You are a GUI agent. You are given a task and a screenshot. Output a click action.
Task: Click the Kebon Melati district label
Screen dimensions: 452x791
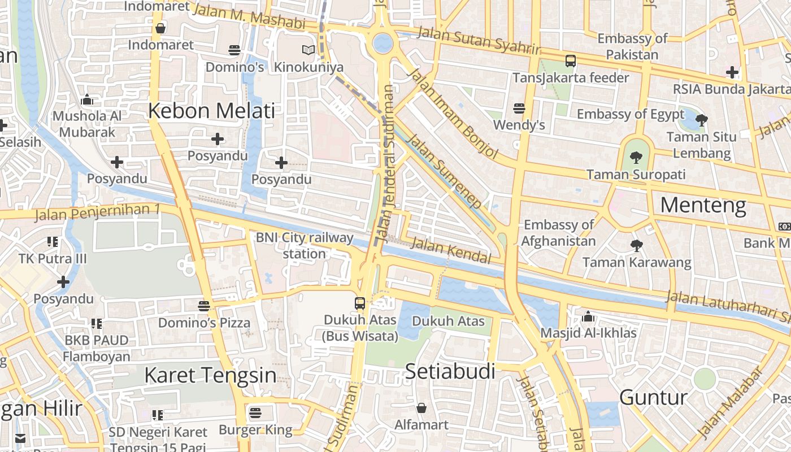(211, 111)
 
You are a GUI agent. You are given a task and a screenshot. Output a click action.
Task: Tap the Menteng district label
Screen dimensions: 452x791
(703, 206)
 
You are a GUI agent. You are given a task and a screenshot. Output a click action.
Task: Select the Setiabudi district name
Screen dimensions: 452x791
(450, 372)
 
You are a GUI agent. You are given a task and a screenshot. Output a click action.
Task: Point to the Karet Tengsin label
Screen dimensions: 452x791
(210, 375)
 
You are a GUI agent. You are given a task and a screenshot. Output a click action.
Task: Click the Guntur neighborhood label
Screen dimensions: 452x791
(653, 398)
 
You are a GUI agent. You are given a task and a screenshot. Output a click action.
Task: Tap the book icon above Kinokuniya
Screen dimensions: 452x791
(308, 50)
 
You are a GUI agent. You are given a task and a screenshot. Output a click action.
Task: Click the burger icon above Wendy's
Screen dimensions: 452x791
(519, 108)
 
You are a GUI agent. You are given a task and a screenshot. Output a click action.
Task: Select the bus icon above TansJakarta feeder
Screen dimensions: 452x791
(571, 61)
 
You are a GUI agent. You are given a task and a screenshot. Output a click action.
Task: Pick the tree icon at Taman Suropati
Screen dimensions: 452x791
(636, 158)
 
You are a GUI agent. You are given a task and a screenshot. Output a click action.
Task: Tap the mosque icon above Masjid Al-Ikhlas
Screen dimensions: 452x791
(588, 316)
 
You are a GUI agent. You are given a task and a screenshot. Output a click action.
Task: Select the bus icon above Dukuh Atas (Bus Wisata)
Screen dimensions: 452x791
(360, 303)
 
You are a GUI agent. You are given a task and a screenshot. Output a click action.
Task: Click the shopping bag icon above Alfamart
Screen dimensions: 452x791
(421, 408)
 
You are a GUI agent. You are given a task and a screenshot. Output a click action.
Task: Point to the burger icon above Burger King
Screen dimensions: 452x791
(255, 413)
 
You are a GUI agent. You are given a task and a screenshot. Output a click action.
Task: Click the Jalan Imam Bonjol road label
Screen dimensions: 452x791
(453, 114)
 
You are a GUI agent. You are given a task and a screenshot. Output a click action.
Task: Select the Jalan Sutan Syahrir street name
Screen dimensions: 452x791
(478, 40)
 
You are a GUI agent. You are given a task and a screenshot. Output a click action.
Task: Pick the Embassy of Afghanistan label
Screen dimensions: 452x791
(558, 233)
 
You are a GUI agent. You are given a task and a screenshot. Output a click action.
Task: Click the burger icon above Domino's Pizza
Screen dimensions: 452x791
(204, 306)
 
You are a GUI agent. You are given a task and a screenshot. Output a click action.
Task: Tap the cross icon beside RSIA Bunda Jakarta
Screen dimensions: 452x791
(732, 72)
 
